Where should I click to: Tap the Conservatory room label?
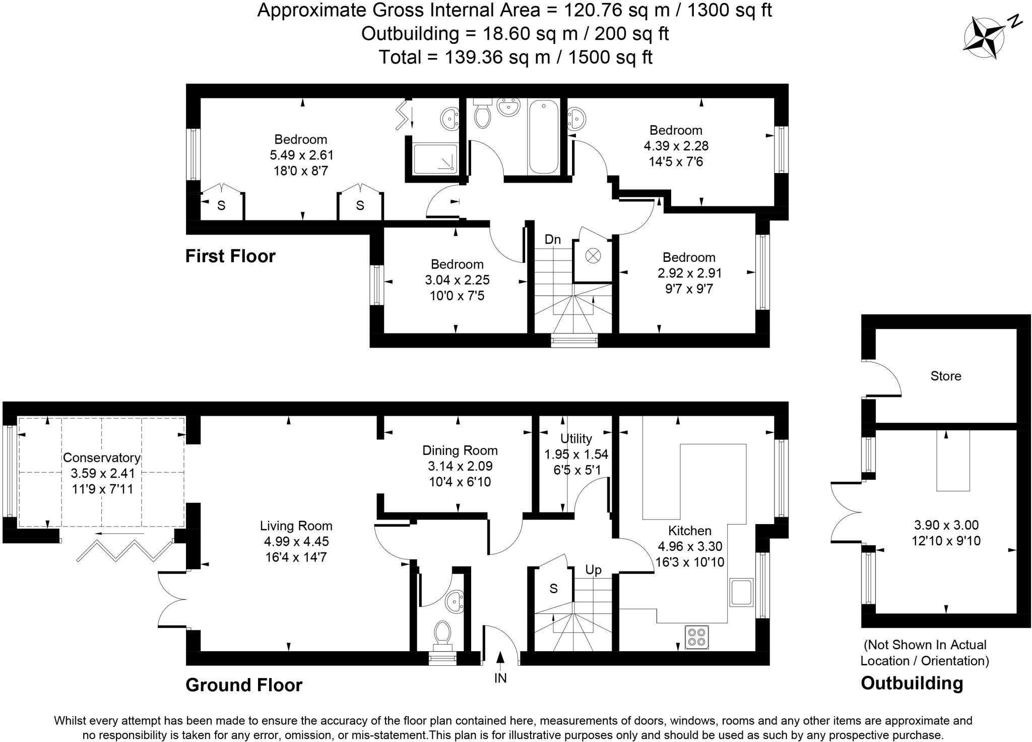tap(101, 458)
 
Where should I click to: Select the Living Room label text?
tap(296, 526)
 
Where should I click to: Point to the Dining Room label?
tap(460, 450)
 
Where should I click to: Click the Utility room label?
tap(576, 438)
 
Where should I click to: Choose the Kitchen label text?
tap(689, 530)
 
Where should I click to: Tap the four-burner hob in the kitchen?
tap(696, 637)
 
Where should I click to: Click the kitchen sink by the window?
tap(741, 592)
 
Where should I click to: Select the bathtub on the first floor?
tap(543, 137)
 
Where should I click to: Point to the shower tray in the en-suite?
tap(435, 159)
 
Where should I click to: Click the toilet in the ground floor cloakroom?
tap(442, 634)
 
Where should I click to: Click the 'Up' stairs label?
tap(593, 570)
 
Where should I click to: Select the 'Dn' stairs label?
tap(553, 239)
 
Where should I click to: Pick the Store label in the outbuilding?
tap(945, 376)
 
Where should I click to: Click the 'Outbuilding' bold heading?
tap(912, 683)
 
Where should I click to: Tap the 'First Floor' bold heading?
tap(230, 256)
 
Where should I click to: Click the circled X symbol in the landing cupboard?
tap(593, 256)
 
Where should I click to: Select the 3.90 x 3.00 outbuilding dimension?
tap(946, 525)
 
